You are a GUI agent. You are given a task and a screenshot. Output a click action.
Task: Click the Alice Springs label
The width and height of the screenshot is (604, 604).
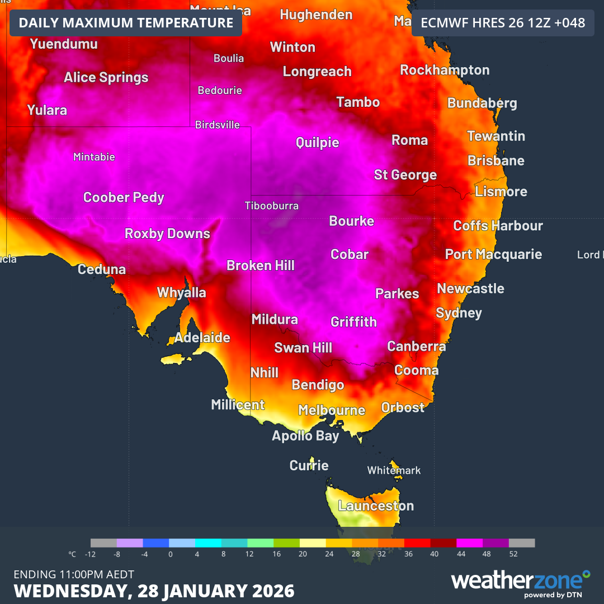(106, 78)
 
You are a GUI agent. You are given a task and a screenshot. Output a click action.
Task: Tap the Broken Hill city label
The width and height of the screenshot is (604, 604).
(261, 266)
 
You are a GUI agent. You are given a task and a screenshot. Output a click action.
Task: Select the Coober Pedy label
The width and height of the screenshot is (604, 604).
(124, 197)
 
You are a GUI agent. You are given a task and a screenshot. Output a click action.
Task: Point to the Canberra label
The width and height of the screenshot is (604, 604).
(417, 347)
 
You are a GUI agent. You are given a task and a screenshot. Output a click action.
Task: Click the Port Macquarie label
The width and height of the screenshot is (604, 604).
(493, 254)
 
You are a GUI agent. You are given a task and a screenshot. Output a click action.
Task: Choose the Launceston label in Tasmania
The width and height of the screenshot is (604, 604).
(376, 506)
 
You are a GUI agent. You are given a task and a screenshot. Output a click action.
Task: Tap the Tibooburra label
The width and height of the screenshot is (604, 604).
(272, 206)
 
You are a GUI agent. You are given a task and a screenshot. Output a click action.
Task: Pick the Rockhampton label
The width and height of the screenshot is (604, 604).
(445, 70)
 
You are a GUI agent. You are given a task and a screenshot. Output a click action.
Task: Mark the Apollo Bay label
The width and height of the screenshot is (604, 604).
(305, 436)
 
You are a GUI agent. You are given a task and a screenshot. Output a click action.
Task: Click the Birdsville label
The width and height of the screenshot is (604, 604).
(218, 125)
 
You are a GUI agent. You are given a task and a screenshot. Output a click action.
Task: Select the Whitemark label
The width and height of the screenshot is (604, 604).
(394, 470)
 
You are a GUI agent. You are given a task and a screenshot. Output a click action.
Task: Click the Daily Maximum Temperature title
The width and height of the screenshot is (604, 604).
(126, 23)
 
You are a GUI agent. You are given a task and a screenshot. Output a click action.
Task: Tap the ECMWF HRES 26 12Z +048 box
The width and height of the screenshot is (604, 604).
(503, 23)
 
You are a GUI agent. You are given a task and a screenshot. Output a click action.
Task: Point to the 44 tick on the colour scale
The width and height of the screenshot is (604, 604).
(461, 554)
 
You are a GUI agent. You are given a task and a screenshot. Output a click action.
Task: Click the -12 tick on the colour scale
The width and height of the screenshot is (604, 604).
(91, 554)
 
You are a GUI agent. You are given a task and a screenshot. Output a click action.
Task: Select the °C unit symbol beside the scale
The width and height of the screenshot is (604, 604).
(72, 554)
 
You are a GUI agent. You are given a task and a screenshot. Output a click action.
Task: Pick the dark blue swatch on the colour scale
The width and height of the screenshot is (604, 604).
(156, 542)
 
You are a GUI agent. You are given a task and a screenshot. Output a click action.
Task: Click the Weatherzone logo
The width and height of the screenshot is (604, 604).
(520, 581)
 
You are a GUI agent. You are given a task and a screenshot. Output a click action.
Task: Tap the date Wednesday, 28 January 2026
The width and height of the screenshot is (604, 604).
(154, 591)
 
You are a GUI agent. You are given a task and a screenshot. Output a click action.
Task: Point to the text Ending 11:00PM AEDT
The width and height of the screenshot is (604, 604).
(74, 574)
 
